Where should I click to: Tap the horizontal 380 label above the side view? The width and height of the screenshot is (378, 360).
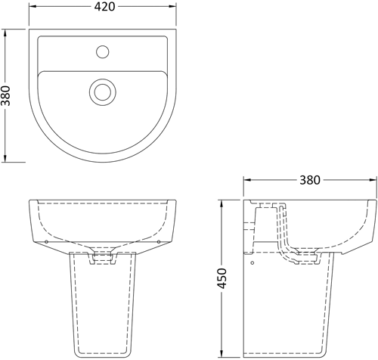[x=310, y=180]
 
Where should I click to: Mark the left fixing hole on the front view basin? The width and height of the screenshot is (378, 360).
[x=47, y=241]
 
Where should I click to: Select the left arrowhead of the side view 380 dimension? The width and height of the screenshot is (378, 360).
[x=246, y=181]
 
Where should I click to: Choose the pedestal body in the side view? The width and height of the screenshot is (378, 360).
[x=291, y=310]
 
